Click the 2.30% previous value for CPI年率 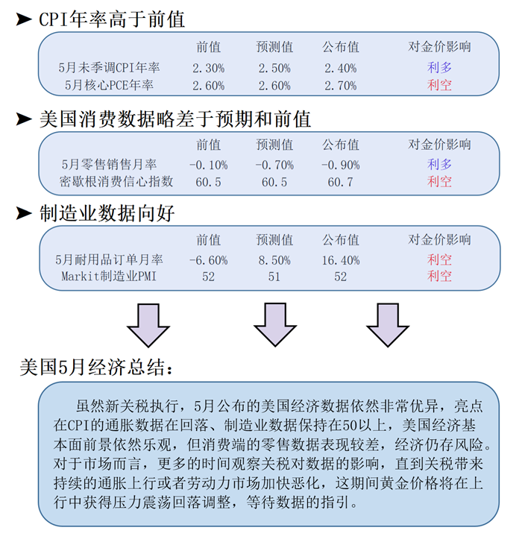coord(209,68)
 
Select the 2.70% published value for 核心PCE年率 coord(341,86)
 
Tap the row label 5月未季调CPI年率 coord(109,67)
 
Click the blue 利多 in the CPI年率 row coord(439,67)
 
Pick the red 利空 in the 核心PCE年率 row coord(439,85)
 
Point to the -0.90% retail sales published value coord(341,165)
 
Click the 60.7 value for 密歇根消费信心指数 coord(341,182)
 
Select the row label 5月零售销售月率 coord(109,164)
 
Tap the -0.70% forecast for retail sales coord(274,165)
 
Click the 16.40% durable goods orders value coord(341,260)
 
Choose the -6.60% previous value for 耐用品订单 coord(209,260)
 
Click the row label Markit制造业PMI coord(109,276)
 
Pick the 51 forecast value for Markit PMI coord(274,277)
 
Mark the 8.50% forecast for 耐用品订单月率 coord(274,260)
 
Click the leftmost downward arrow coord(148,325)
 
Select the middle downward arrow coord(275,325)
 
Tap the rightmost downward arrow coord(388,325)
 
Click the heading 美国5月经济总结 coord(96,367)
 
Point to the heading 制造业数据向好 coord(107,213)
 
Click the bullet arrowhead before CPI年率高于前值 coord(24,19)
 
